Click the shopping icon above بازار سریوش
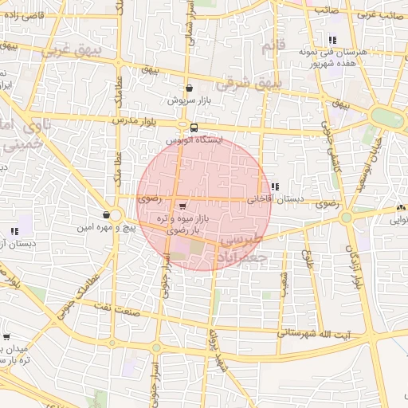click(x=189, y=88)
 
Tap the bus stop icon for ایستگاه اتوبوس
click(x=194, y=127)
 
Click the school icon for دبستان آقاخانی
click(x=276, y=186)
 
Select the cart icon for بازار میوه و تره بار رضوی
click(x=185, y=204)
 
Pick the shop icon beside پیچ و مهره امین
click(x=107, y=214)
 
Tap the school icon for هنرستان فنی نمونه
click(x=331, y=40)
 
